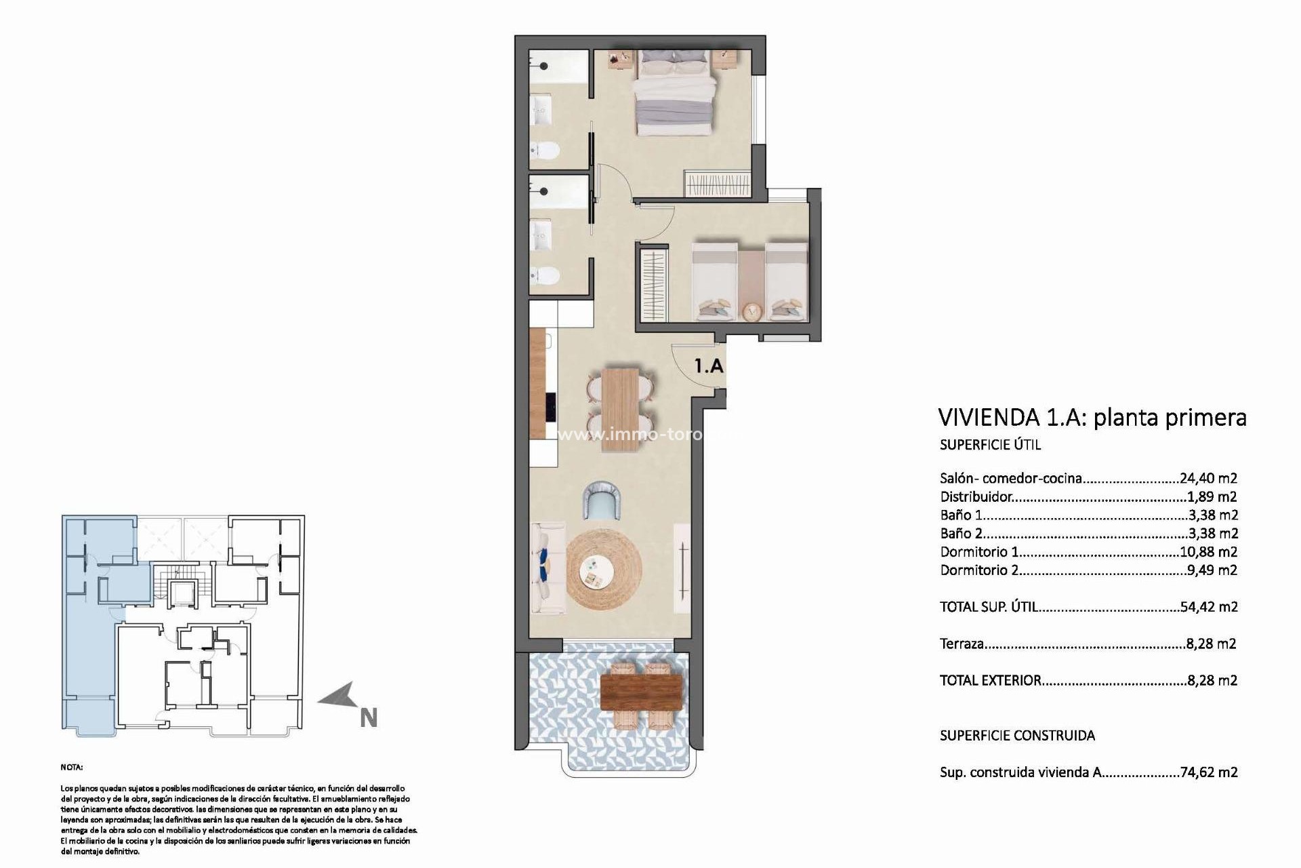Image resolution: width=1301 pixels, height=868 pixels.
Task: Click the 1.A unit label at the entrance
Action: (709, 366)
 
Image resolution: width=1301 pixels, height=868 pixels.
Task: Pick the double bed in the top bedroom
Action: (675, 96)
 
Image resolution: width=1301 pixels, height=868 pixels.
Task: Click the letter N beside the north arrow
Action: (369, 718)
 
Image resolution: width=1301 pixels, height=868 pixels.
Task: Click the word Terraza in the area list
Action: (962, 644)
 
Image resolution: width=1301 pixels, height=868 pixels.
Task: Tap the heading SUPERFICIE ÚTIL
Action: (990, 445)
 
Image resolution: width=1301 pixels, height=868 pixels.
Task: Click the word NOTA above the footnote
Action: (72, 768)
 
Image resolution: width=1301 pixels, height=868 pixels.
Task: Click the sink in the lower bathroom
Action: (541, 234)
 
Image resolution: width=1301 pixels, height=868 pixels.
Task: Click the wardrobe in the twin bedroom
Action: (653, 285)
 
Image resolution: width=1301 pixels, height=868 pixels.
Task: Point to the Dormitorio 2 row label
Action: (979, 570)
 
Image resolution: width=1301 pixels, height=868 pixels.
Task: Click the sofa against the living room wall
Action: (548, 568)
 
